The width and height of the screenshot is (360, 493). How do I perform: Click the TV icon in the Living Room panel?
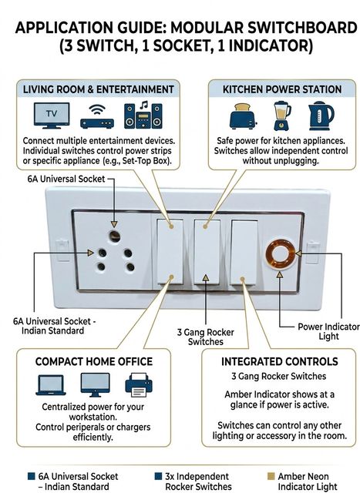tap(52, 116)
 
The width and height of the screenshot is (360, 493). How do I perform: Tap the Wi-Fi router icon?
tap(97, 117)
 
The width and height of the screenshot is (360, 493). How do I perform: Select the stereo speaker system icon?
tap(143, 115)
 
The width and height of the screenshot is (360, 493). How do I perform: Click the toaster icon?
tap(243, 116)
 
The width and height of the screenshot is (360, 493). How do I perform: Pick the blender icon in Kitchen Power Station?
tap(281, 116)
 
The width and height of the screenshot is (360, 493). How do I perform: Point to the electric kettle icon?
tap(321, 116)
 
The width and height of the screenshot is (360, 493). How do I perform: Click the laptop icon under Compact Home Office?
tap(51, 385)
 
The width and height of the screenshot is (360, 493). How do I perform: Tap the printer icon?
tap(139, 384)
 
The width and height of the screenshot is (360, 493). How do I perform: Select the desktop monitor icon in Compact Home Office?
tap(95, 385)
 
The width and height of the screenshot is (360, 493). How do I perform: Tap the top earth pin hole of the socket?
tap(114, 236)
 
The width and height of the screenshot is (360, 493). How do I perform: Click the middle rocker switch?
tap(207, 252)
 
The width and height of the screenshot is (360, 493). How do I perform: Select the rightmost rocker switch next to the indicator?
tap(244, 253)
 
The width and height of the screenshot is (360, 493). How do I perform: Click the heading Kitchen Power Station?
tap(282, 89)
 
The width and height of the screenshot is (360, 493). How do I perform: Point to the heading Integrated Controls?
tap(280, 361)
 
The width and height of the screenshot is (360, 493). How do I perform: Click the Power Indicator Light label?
tap(328, 331)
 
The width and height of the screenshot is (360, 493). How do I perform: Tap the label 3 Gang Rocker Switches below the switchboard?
tap(206, 337)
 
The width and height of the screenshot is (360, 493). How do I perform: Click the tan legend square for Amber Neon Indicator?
tap(271, 476)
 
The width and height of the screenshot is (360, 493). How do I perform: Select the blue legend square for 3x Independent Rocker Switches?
tap(158, 476)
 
